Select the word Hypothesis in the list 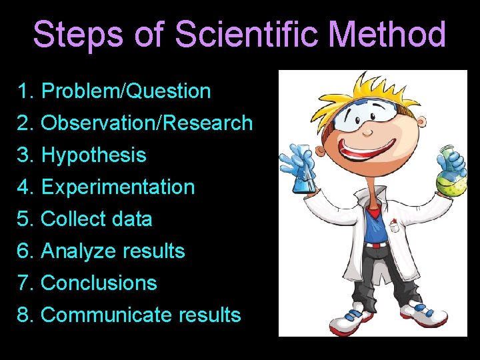[x=93, y=156]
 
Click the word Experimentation [x=118, y=187]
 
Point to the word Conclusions [x=99, y=283]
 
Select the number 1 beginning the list [x=24, y=91]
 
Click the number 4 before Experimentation [x=24, y=187]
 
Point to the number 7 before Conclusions [x=24, y=283]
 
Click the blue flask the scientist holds [x=303, y=172]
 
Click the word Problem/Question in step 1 [x=125, y=91]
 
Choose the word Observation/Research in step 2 [x=147, y=123]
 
